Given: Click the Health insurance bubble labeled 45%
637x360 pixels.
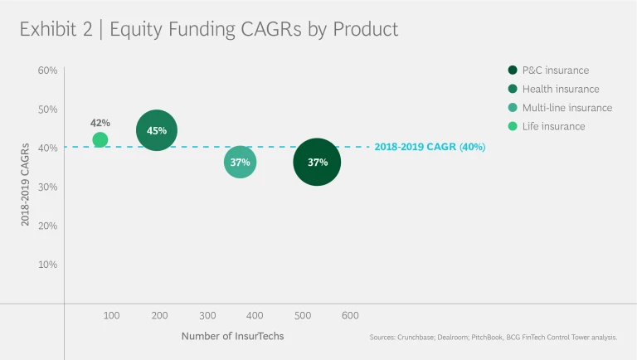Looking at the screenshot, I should click(157, 130).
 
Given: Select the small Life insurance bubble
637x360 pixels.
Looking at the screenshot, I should click(100, 140).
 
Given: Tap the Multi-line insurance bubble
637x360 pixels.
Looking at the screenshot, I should click(241, 162).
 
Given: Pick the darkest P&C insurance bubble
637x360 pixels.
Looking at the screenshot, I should click(318, 162).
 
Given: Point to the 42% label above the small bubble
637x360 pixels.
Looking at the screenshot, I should click(100, 123).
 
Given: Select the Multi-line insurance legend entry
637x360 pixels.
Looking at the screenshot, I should click(566, 108).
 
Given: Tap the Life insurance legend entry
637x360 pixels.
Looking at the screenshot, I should click(553, 126).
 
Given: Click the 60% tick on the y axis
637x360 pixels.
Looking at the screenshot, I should click(47, 71).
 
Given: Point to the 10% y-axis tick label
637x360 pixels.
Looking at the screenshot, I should click(47, 265).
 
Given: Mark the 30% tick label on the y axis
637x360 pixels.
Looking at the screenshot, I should click(47, 187).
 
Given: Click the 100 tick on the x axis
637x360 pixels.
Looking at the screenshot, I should click(112, 315).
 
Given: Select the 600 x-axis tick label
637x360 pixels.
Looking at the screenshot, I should click(350, 315).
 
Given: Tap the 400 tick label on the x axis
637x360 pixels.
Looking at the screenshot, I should click(255, 315).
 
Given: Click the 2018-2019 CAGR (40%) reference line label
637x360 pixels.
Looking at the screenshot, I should click(430, 147).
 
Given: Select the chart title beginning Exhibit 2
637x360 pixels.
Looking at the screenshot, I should click(209, 30).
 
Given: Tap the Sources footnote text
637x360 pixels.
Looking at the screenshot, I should click(493, 338).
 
